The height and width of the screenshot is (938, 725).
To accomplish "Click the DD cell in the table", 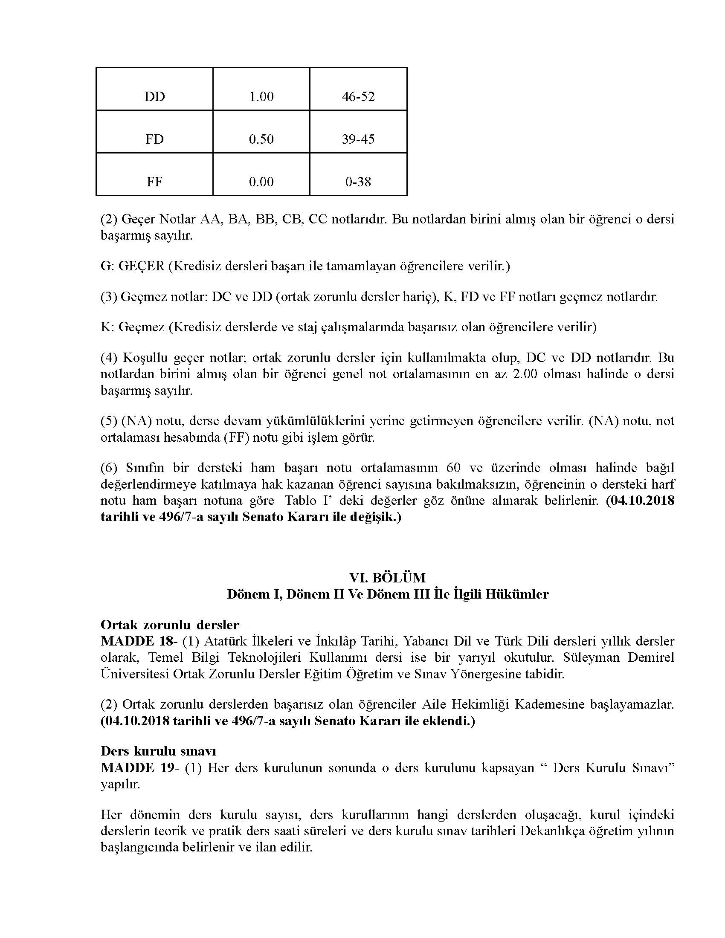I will click(155, 96).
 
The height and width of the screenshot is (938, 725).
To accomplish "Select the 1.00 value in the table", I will click(261, 96).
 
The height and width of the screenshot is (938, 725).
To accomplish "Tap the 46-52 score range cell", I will click(358, 96).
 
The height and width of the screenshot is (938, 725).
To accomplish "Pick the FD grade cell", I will click(155, 139).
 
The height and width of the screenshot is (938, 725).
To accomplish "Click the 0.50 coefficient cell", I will click(261, 139).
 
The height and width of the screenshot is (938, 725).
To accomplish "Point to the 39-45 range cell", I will click(358, 139).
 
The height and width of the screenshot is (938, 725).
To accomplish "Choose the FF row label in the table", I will click(155, 182).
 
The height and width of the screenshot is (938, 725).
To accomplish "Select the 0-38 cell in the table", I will click(358, 182).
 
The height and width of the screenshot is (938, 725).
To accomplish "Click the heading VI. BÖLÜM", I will click(387, 577).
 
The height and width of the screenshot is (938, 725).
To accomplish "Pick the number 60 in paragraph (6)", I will click(454, 467).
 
